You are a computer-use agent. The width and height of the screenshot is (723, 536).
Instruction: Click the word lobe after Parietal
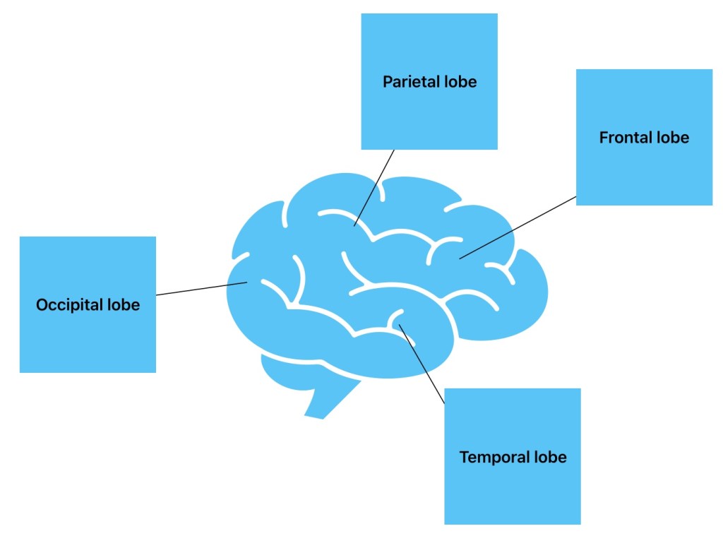[x=460, y=82]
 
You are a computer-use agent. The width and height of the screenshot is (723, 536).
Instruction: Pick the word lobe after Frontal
[x=672, y=138]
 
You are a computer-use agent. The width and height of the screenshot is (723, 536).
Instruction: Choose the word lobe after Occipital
[x=124, y=305]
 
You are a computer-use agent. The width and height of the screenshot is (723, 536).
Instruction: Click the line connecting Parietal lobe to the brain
[x=374, y=187]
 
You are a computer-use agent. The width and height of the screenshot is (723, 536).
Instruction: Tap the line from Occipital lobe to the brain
[x=201, y=289]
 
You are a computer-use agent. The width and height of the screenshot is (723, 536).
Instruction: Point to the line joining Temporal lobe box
[x=422, y=364]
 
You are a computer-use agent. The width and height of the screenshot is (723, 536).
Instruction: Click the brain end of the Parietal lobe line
[x=354, y=225]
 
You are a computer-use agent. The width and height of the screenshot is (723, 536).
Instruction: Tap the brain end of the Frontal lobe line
[x=460, y=258]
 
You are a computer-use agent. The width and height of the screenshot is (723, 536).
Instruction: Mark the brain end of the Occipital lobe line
[x=246, y=283]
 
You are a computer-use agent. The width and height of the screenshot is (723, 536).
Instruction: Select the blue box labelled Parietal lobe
[x=429, y=42]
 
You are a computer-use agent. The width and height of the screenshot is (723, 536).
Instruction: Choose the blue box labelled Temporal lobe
[x=513, y=494]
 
